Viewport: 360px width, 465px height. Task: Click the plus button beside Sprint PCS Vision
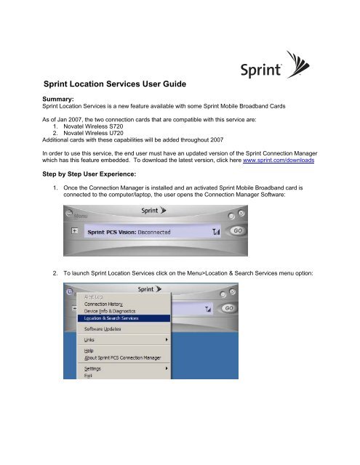point(74,230)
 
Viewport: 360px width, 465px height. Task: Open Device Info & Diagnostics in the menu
point(113,311)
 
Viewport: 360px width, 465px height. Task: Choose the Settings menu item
point(92,368)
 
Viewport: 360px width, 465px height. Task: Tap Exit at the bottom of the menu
point(88,376)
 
